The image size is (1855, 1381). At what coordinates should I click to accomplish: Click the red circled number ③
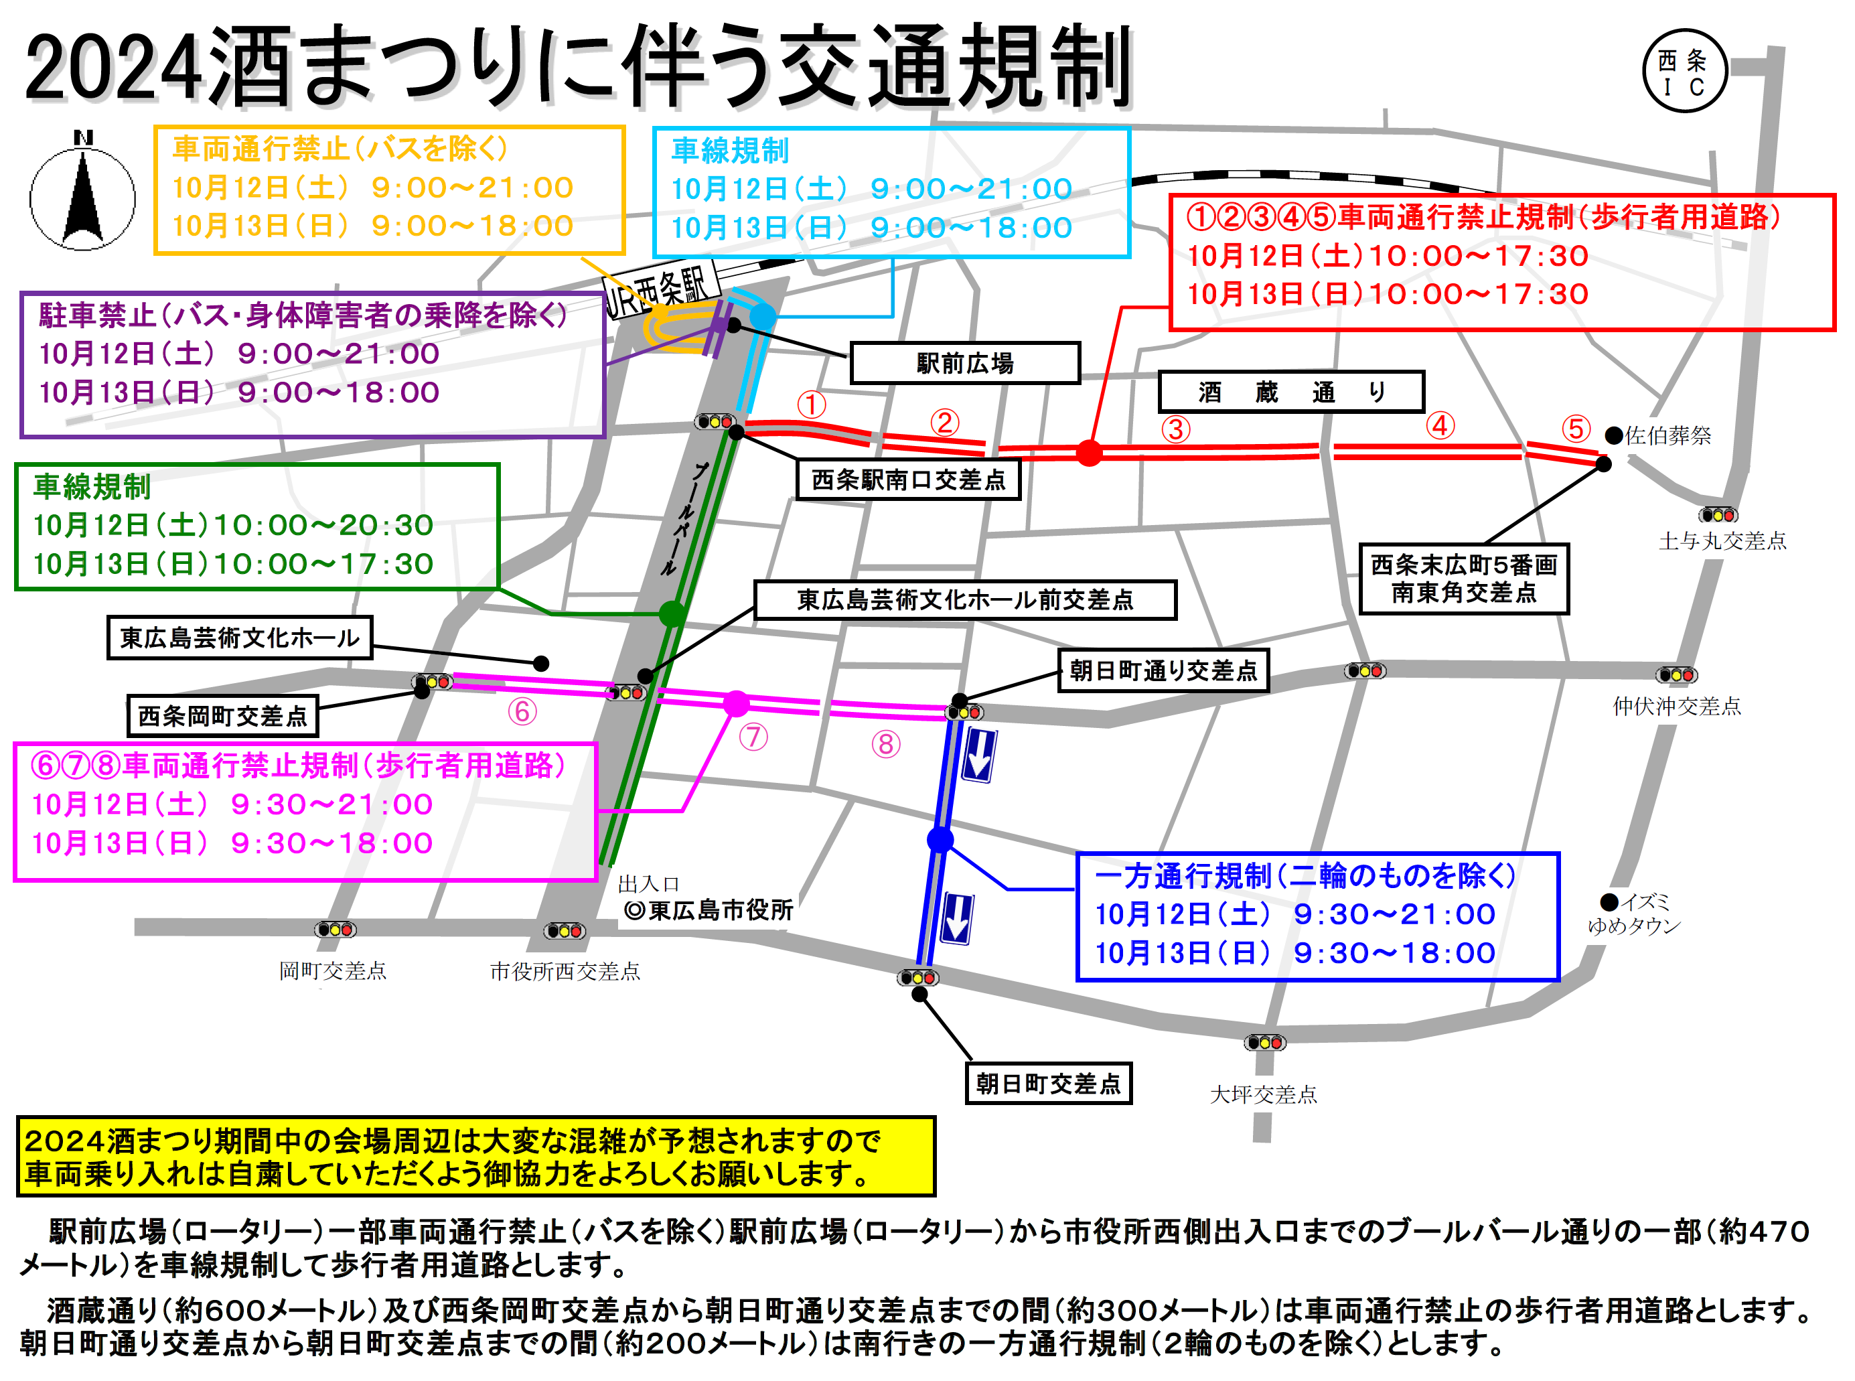coord(1175,430)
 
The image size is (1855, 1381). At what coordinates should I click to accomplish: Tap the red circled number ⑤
coord(1576,429)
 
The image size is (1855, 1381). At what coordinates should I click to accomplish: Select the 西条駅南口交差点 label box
coord(908,480)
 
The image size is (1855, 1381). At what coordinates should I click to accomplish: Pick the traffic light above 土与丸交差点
coord(1718,515)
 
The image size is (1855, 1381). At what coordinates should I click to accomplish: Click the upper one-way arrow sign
coord(978,755)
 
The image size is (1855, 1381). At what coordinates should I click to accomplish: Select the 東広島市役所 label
coord(709,910)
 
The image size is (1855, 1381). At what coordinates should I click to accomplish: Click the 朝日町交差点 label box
coord(1048,1084)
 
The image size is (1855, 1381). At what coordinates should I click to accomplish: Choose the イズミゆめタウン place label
coord(1633,914)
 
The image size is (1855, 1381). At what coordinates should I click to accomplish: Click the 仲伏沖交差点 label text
coord(1676,707)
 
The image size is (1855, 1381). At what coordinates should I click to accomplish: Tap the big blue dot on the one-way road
coord(940,839)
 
